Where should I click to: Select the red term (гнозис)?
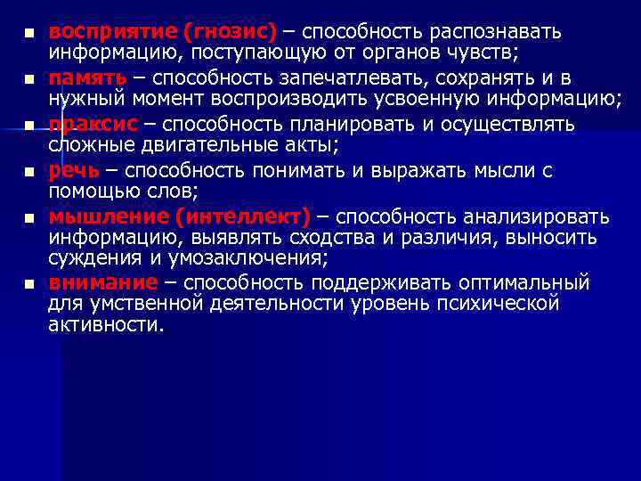point(231,32)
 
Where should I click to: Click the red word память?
point(87,77)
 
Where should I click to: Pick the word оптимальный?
point(525,282)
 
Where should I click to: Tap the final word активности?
point(106,325)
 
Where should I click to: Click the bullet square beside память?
point(29,80)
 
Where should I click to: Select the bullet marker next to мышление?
point(29,217)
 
